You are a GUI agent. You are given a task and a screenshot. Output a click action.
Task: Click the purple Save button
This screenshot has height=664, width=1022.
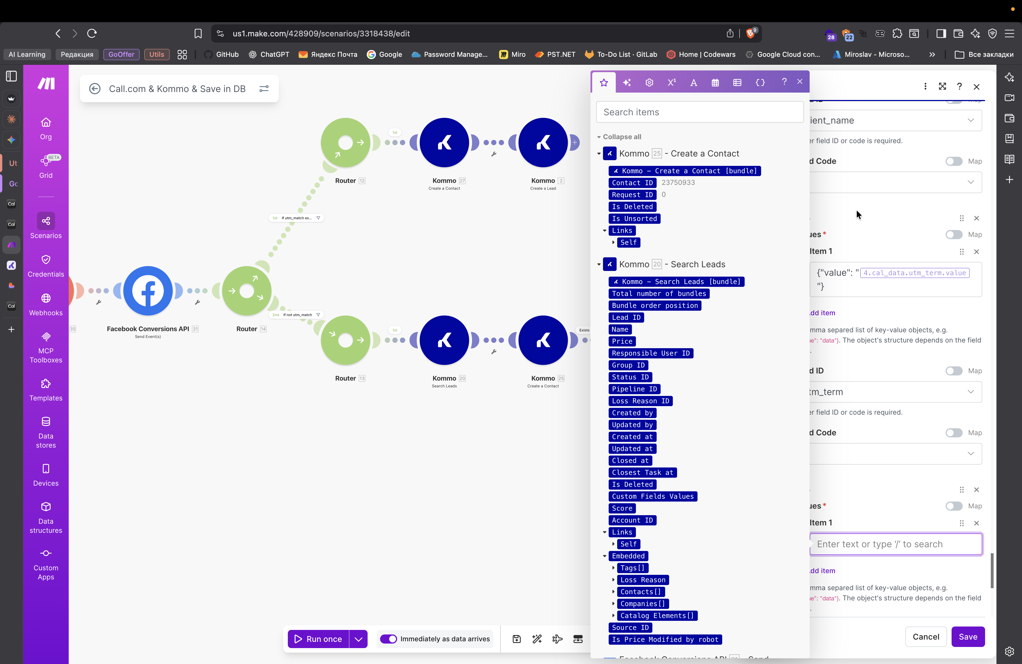[967, 636]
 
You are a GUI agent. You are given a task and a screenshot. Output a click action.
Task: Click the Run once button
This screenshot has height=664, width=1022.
[318, 639]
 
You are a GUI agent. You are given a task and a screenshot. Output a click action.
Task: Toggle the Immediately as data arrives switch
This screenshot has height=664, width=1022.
[389, 639]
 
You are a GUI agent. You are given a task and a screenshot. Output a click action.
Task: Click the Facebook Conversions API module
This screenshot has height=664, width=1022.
[148, 291]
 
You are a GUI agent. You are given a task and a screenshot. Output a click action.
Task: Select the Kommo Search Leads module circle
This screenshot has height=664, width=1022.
[444, 340]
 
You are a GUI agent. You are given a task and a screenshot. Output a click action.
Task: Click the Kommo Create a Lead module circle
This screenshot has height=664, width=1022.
[543, 143]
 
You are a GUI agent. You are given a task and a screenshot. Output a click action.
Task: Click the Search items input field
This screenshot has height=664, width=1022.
[700, 112]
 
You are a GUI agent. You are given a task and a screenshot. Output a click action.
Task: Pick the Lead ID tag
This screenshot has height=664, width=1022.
[626, 318]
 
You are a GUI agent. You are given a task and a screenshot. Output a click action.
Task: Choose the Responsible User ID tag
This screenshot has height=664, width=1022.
[650, 353]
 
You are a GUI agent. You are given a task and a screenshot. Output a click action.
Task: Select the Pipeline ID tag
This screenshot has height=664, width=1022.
[634, 389]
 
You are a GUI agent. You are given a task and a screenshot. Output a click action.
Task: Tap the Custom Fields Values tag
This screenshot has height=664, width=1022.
[652, 496]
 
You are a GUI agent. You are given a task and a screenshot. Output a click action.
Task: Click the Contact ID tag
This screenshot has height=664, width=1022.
[632, 183]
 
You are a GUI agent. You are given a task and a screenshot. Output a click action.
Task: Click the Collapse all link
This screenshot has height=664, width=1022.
[621, 137]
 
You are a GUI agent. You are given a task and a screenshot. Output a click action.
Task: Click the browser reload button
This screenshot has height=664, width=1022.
[92, 34]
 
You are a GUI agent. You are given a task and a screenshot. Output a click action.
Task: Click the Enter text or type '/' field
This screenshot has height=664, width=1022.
[896, 544]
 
